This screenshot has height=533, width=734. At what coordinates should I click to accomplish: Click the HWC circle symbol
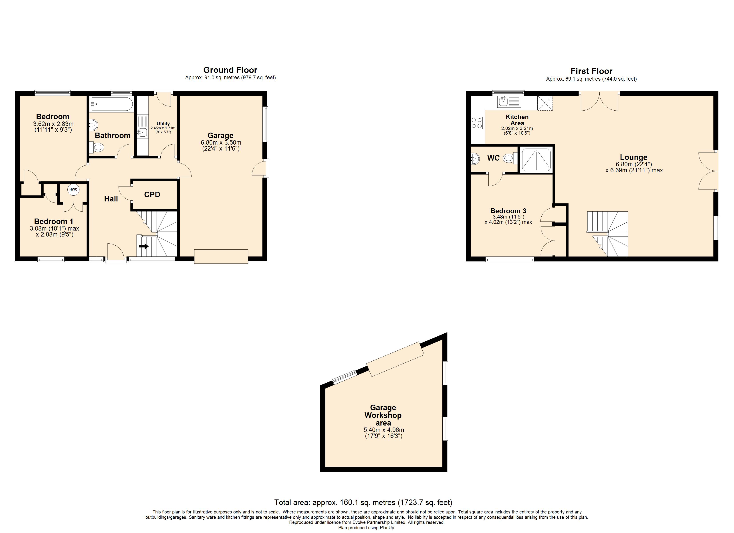click(73, 189)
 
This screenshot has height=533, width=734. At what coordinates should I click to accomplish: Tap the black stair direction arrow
click(144, 246)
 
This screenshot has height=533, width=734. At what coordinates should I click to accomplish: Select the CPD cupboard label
click(152, 195)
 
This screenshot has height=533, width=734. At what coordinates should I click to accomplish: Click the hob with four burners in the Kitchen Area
click(477, 123)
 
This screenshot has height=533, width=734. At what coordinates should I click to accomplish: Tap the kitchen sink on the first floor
click(509, 102)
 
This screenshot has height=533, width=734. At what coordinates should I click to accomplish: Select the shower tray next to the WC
click(536, 159)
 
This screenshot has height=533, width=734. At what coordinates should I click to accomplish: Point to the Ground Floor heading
click(230, 70)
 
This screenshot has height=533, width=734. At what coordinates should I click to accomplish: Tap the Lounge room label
click(633, 157)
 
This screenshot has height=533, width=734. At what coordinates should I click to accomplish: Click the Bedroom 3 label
click(508, 211)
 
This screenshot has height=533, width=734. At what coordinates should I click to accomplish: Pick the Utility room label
click(163, 123)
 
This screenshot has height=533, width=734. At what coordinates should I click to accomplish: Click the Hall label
click(111, 199)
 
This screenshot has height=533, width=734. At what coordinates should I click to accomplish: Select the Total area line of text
click(363, 503)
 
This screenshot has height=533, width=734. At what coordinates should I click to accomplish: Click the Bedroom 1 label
click(54, 221)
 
